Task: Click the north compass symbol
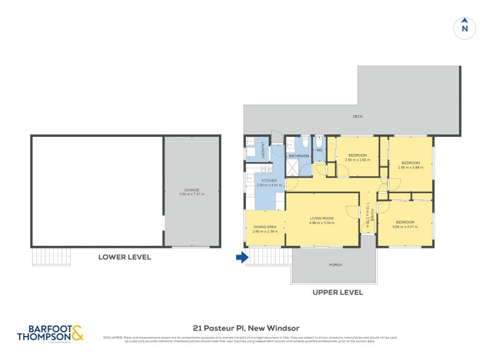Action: [465, 27]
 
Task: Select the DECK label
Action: [357, 117]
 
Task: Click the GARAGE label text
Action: [192, 190]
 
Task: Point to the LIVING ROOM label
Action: [321, 218]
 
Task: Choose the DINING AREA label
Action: [265, 227]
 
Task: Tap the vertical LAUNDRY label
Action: [263, 150]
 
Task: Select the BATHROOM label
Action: [299, 156]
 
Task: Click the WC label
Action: [319, 150]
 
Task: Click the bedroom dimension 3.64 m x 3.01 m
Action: [405, 226]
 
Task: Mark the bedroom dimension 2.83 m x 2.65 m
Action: [357, 159]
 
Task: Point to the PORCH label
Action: [335, 265]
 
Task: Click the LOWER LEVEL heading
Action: [124, 257]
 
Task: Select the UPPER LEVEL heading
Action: [338, 292]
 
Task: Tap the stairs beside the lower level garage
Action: [51, 256]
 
